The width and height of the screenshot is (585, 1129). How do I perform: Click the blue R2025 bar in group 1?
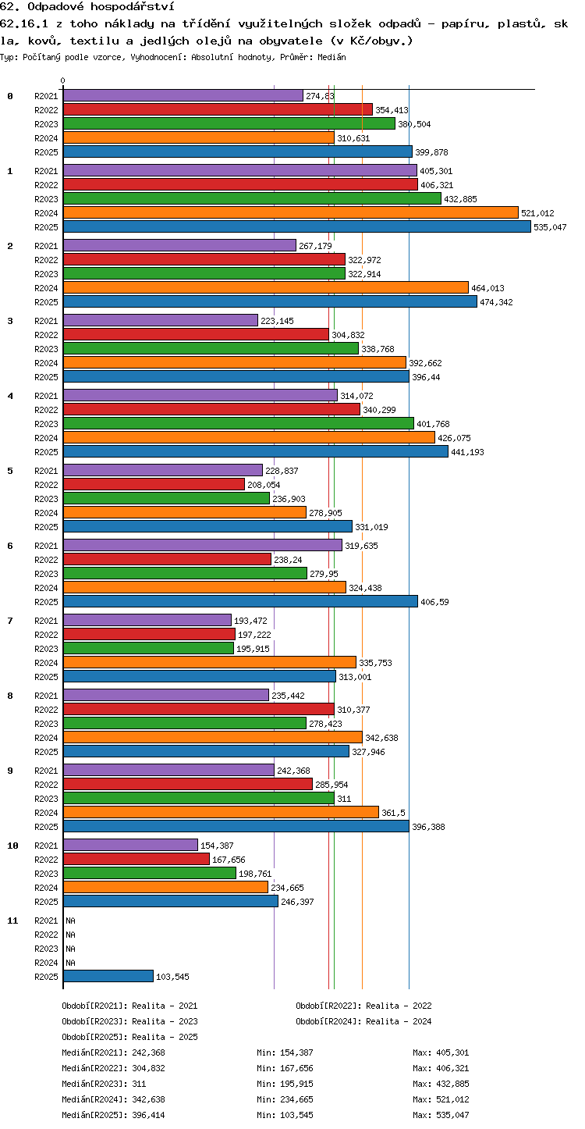tap(297, 226)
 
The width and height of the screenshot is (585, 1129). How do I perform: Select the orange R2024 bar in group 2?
tap(266, 287)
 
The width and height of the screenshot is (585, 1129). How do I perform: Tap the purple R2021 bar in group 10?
tap(130, 845)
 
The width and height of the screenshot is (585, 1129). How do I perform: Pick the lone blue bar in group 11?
tap(108, 976)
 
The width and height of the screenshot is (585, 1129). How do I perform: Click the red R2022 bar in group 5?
tap(154, 484)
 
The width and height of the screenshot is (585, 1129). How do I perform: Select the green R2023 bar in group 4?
tap(239, 423)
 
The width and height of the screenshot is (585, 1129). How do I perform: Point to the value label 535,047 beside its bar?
tap(550, 227)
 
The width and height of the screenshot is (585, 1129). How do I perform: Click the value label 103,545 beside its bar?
tap(172, 976)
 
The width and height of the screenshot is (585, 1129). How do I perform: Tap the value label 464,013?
tap(487, 288)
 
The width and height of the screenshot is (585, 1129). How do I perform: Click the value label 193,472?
tap(250, 621)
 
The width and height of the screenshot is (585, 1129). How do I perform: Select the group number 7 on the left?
tap(10, 621)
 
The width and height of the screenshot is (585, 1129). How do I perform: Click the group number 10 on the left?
tap(12, 846)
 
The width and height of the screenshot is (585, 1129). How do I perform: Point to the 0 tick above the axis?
tap(63, 80)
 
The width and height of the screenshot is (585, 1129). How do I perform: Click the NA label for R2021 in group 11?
tap(70, 921)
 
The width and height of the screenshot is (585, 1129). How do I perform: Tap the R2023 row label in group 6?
tap(46, 574)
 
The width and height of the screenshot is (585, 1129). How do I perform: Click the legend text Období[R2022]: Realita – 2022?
tap(363, 1006)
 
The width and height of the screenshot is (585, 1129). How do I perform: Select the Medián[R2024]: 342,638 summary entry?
tap(113, 1099)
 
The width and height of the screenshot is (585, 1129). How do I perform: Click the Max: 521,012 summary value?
tap(441, 1099)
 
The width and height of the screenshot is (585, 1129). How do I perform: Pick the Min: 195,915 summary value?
tap(285, 1084)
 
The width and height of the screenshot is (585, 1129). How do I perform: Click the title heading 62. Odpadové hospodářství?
tap(87, 6)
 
